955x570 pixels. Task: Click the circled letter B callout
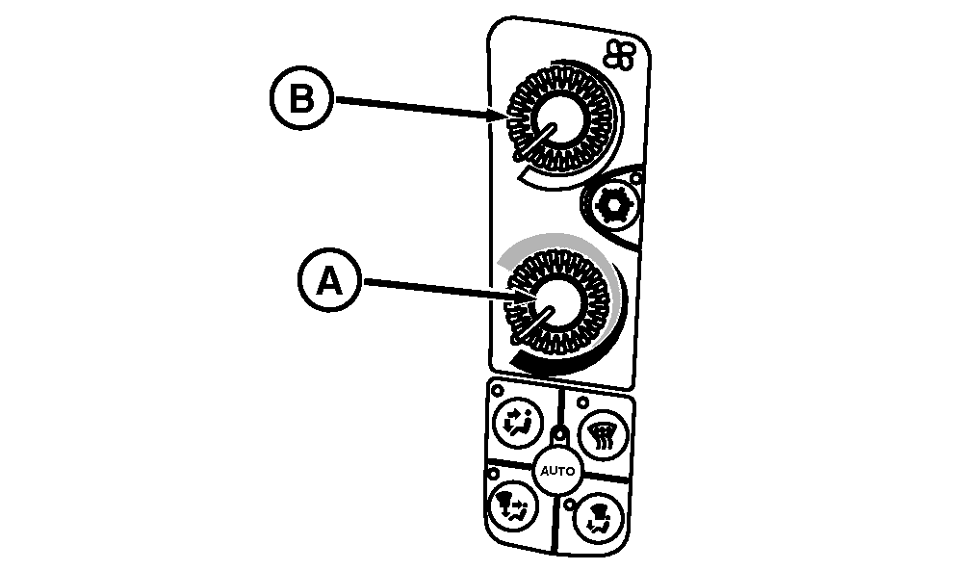click(x=301, y=100)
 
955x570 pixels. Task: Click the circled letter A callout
click(x=329, y=281)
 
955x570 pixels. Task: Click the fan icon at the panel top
click(x=618, y=57)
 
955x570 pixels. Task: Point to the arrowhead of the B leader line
click(x=503, y=115)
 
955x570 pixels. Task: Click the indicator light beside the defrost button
click(x=582, y=401)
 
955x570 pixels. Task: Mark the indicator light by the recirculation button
click(x=499, y=392)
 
